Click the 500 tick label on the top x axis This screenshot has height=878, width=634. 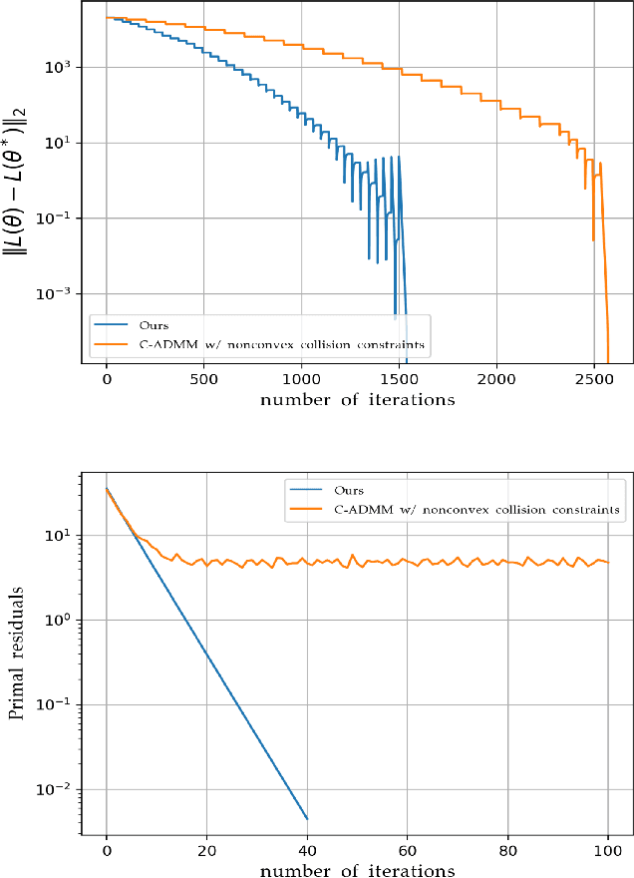[x=203, y=382]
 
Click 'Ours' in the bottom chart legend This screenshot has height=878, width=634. [x=350, y=491]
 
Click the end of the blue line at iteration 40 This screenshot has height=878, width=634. [x=307, y=819]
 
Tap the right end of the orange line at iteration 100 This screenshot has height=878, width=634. [x=607, y=562]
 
